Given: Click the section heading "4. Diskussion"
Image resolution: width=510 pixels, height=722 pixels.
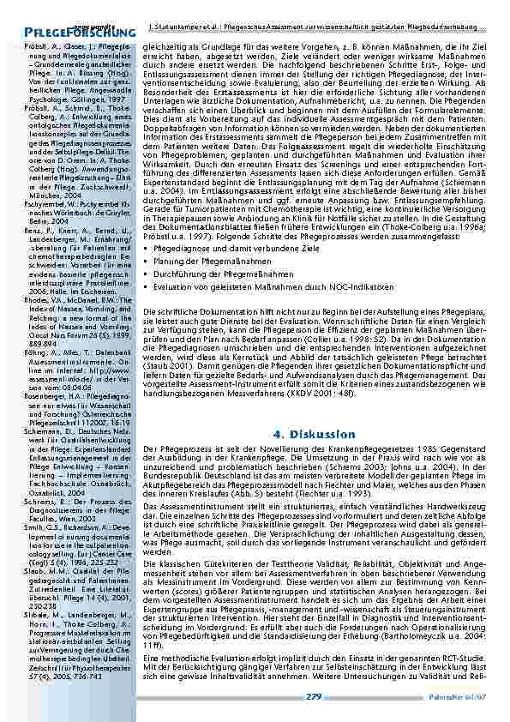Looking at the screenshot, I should point(315,433).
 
